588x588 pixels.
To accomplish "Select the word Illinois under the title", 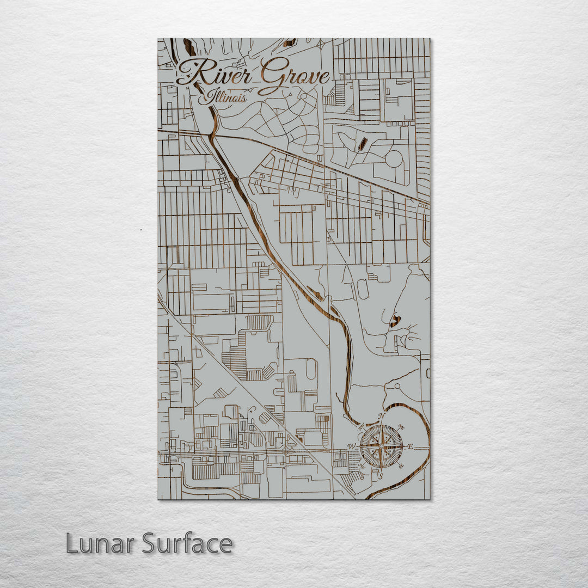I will [223, 97].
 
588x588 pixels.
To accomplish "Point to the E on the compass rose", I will [411, 447].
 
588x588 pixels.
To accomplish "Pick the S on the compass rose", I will [381, 476].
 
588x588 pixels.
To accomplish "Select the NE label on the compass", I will [401, 426].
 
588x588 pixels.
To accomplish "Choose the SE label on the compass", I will [402, 467].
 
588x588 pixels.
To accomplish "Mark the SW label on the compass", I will [361, 467].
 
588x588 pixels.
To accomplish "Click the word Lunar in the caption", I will [101, 544].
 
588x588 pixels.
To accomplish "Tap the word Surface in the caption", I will [187, 544].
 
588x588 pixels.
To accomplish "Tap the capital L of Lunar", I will [72, 544].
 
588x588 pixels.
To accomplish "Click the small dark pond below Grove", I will [361, 144].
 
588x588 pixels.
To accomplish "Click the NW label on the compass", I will [362, 427].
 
